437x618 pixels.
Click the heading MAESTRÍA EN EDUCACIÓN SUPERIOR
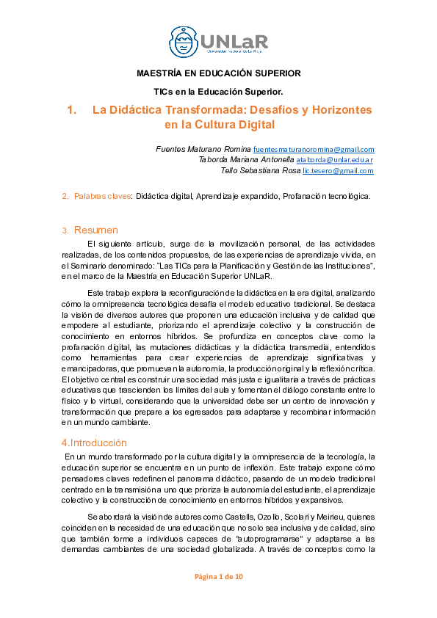point(218,73)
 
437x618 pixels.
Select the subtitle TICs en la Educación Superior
point(218,91)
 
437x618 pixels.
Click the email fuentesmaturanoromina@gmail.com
point(319,149)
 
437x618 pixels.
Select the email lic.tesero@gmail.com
point(338,170)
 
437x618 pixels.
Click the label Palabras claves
point(102,196)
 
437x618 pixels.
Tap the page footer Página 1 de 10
point(218,576)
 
